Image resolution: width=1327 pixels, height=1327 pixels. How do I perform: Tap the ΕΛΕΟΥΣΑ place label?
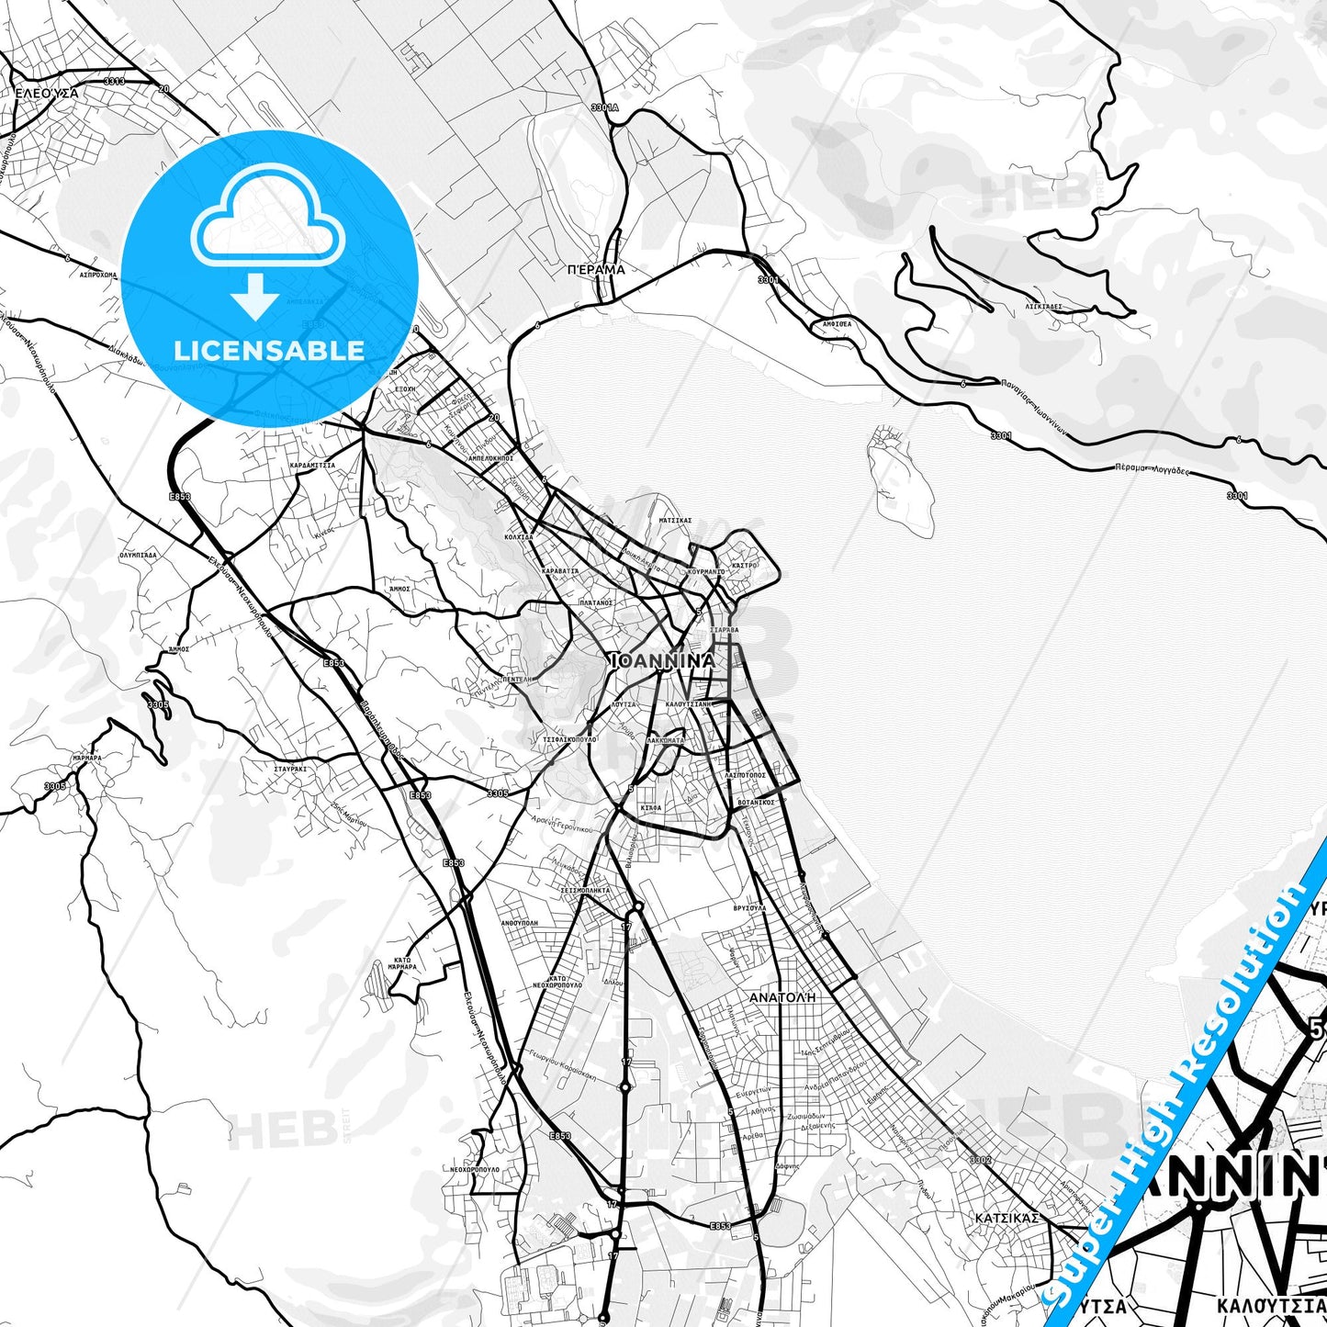pos(47,93)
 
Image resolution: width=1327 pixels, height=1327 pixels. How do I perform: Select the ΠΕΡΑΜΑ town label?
pos(596,270)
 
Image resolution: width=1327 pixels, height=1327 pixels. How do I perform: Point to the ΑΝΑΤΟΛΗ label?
pos(782,996)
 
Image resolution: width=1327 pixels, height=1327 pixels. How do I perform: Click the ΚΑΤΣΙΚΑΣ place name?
pos(1007,1218)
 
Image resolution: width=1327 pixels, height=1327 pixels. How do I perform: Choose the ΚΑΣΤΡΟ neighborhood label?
pos(745,566)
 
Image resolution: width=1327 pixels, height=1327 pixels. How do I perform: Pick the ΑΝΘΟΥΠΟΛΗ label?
pos(519,922)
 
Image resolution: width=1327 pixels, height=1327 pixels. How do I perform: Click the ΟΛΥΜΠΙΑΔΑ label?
pos(138,555)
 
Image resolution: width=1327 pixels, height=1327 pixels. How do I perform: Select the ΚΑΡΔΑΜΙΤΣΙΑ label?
pos(312,466)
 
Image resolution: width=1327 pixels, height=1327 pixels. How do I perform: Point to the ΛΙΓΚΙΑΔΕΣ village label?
pos(1044,307)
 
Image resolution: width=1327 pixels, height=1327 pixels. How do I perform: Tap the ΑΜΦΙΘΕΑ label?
pos(837,324)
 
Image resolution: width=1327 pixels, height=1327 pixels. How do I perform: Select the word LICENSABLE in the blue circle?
pos(269,351)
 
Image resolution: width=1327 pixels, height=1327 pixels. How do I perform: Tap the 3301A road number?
pos(605,107)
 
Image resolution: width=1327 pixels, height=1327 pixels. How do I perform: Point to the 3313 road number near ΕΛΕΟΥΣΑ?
pos(115,82)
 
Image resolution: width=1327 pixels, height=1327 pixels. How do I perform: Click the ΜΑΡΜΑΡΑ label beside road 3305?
pos(86,758)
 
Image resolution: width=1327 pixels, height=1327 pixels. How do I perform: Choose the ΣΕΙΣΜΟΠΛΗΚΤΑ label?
pos(585,890)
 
